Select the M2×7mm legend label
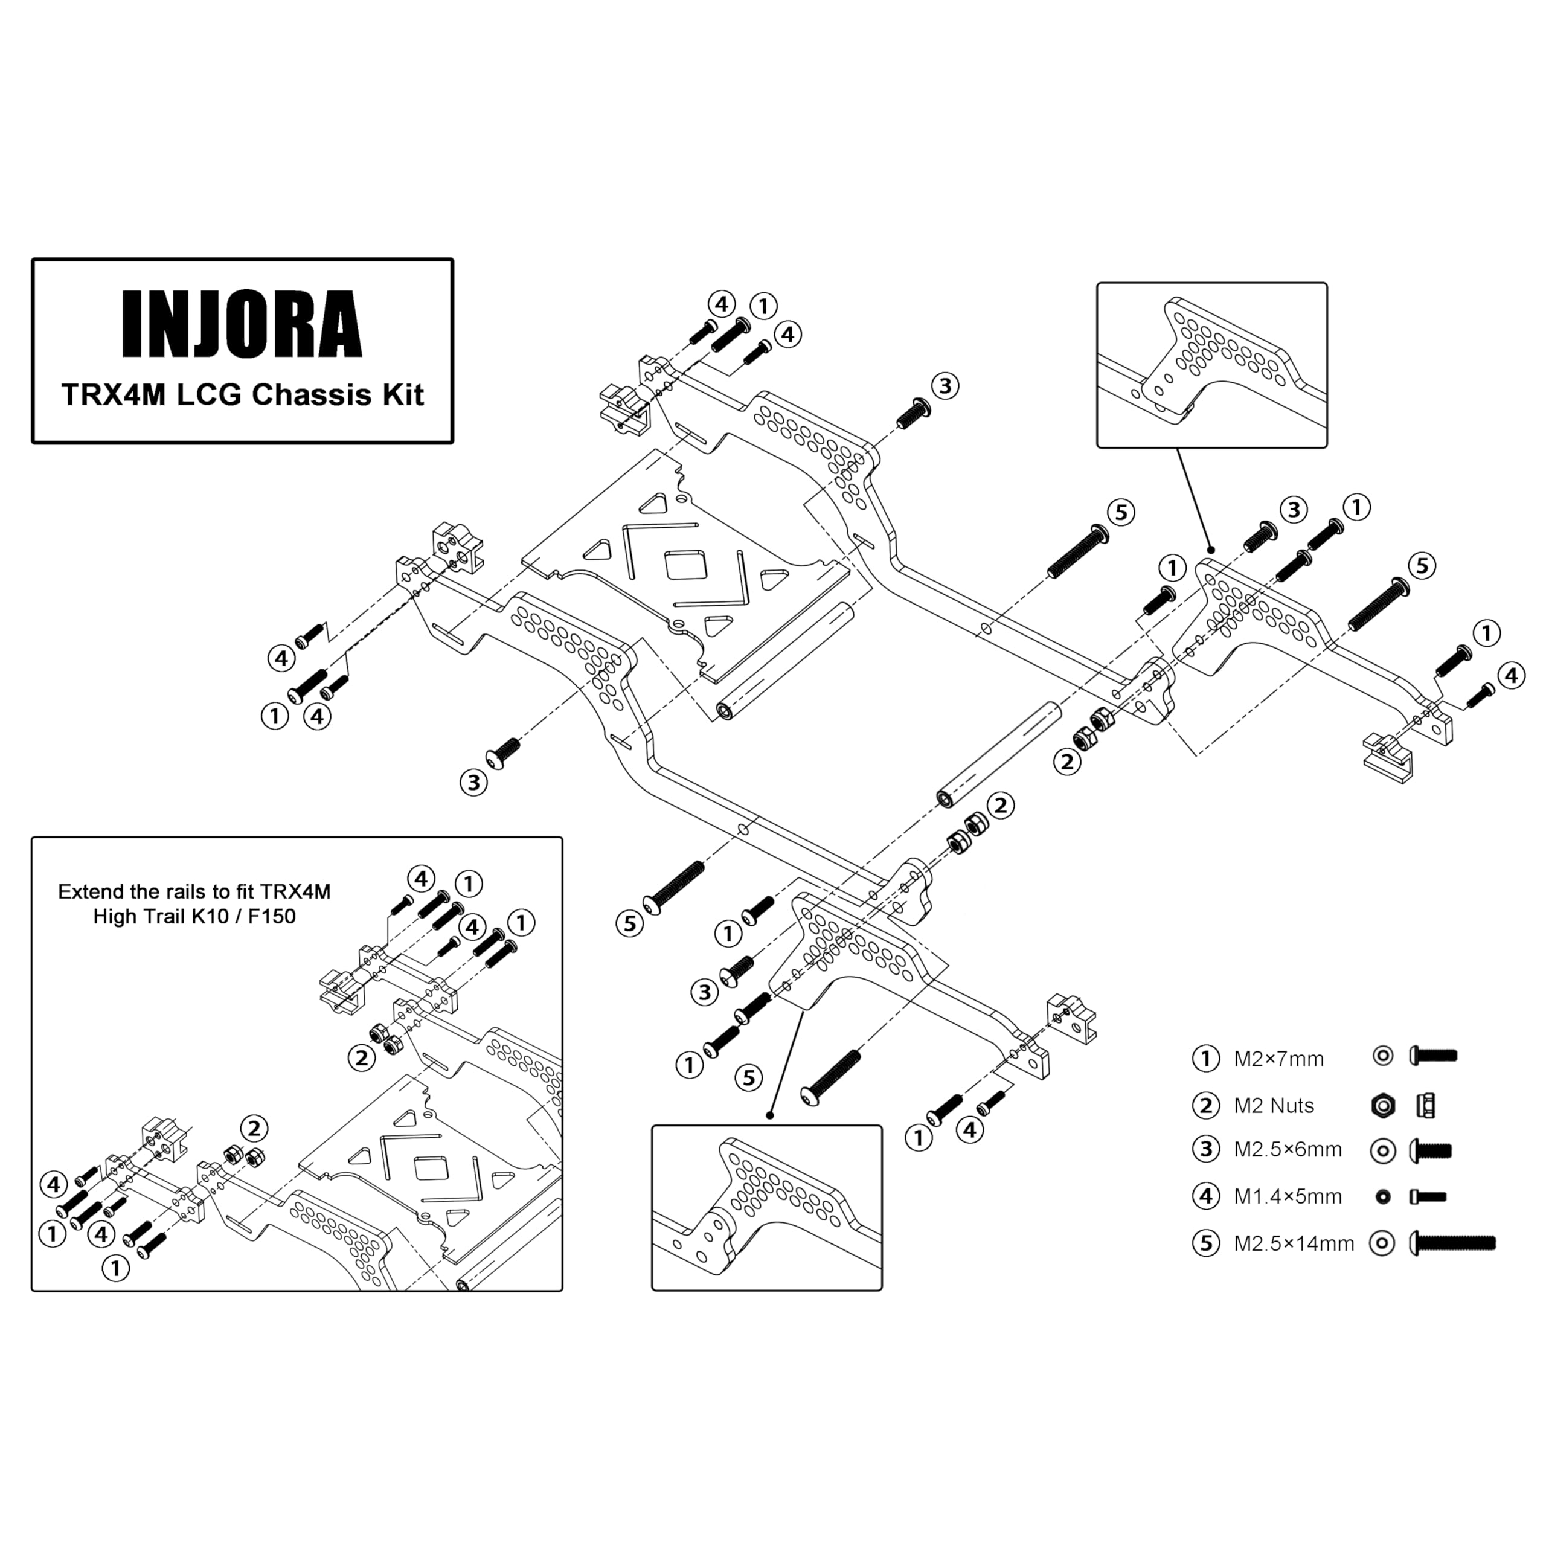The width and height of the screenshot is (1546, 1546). pos(1278,1059)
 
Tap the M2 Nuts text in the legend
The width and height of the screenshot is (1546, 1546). pos(1274,1106)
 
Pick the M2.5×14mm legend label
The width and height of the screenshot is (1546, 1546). pos(1294,1243)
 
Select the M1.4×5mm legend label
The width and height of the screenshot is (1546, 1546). pos(1288,1197)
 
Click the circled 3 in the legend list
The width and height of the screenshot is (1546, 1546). pos(1205,1150)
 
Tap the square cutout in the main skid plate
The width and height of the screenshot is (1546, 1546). pos(685,566)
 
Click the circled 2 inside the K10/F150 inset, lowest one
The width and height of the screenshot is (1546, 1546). pos(254,1129)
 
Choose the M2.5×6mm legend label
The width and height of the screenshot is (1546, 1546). pos(1288,1150)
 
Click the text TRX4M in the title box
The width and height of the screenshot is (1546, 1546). pos(113,396)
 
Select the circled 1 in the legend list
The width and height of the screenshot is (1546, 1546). pos(1205,1059)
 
